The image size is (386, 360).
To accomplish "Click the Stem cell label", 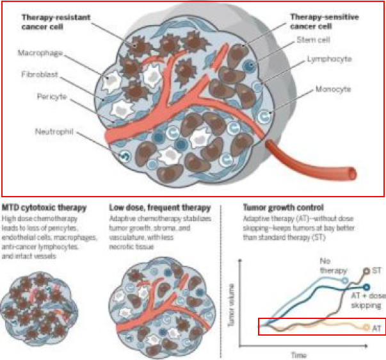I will coord(312,40).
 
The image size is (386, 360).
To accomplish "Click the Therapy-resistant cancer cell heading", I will coord(54,20).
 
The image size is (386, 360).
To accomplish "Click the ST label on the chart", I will coord(376,270).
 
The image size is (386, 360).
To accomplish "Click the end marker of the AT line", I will coord(366,328).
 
